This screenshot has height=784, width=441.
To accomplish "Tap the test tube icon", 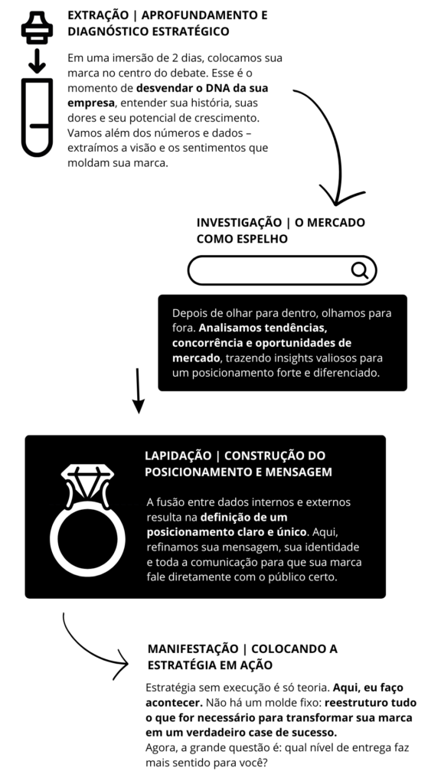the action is point(37,118).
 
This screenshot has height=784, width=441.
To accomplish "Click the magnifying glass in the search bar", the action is point(360,270).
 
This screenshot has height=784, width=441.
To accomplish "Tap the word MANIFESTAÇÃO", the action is point(192,649).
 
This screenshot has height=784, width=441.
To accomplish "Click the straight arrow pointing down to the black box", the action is point(138,391).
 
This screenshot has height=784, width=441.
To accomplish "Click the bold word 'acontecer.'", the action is point(174,702).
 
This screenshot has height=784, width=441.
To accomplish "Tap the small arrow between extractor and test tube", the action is point(37,60).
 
